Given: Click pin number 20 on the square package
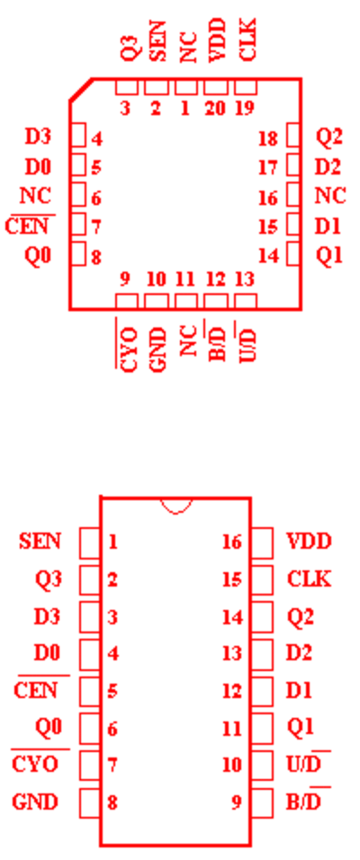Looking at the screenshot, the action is pyautogui.click(x=215, y=109).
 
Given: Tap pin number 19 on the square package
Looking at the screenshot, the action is pyautogui.click(x=245, y=109).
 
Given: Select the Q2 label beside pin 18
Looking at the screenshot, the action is pyautogui.click(x=329, y=137).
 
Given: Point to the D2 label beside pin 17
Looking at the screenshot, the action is pyautogui.click(x=328, y=166).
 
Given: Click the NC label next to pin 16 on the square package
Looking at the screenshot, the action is pyautogui.click(x=330, y=195).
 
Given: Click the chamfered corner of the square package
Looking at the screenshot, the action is pyautogui.click(x=81, y=89).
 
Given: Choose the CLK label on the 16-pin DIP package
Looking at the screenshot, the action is pyautogui.click(x=309, y=578).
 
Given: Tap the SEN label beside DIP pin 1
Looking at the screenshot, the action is pyautogui.click(x=40, y=542).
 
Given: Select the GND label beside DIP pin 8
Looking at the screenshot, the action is pyautogui.click(x=35, y=802).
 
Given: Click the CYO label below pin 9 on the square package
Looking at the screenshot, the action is pyautogui.click(x=129, y=349).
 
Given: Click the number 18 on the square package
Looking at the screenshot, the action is pyautogui.click(x=268, y=139).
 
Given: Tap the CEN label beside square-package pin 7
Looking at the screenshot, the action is pyautogui.click(x=27, y=226).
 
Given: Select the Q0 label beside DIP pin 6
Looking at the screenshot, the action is pyautogui.click(x=49, y=727).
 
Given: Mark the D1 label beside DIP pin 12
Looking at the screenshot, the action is pyautogui.click(x=299, y=691).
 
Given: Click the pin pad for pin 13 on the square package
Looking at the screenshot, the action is pyautogui.click(x=246, y=301).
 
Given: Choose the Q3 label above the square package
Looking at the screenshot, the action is pyautogui.click(x=129, y=49).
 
